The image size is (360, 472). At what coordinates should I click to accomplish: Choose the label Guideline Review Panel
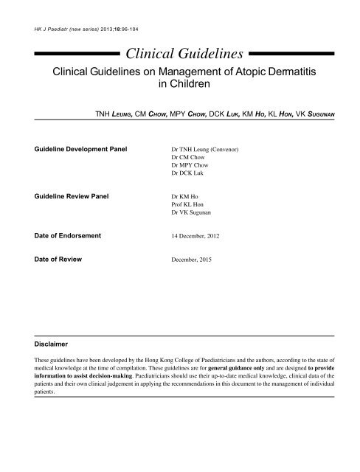pyautogui.click(x=72, y=197)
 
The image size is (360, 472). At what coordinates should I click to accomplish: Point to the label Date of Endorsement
pyautogui.click(x=68, y=235)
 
